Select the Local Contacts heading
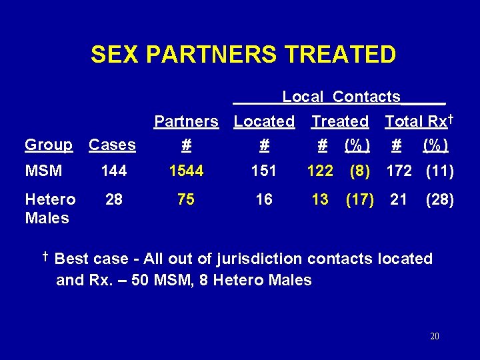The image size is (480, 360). tap(341, 97)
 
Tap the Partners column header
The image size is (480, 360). tap(186, 121)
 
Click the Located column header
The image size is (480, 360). tap(264, 121)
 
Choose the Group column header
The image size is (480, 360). tap(49, 145)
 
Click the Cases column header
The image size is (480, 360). tap(112, 145)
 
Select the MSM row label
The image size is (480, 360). tap(43, 171)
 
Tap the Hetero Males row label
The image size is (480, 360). tap(49, 209)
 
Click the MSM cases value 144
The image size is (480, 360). tap(113, 171)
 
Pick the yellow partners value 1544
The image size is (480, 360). tap(186, 171)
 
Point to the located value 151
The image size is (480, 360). tap(264, 171)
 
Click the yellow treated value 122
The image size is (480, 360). tap(320, 171)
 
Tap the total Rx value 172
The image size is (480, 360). tap(399, 171)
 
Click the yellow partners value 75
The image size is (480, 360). tap(186, 199)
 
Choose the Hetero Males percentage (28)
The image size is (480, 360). tap(440, 199)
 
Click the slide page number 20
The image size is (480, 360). tap(435, 337)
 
